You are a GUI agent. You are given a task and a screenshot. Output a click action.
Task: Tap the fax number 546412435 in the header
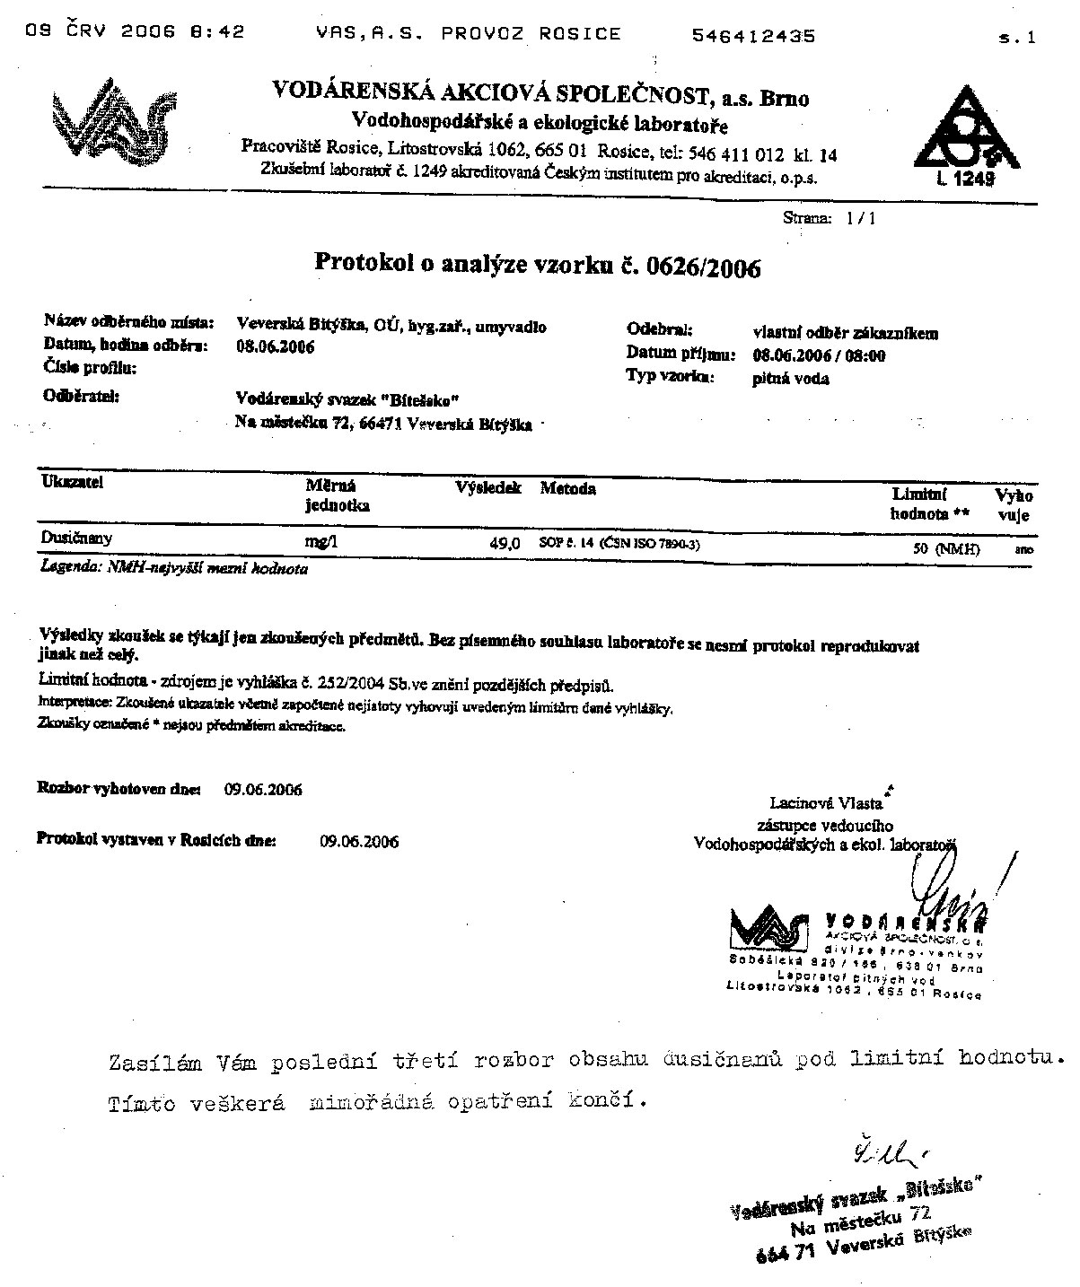pyautogui.click(x=754, y=36)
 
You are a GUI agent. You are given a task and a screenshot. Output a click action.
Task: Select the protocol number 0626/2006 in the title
pyautogui.click(x=699, y=267)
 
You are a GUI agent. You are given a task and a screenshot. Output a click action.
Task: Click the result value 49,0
pyautogui.click(x=503, y=543)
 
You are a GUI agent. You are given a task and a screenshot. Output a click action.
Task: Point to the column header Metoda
pyautogui.click(x=567, y=489)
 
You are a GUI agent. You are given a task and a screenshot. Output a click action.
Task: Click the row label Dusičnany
pyautogui.click(x=76, y=538)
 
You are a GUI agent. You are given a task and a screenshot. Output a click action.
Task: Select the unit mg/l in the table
pyautogui.click(x=323, y=542)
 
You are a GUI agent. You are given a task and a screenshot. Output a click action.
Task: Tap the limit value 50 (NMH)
pyautogui.click(x=946, y=548)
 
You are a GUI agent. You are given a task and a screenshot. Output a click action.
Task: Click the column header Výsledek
pyautogui.click(x=488, y=489)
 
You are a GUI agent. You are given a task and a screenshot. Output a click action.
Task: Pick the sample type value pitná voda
pyautogui.click(x=790, y=379)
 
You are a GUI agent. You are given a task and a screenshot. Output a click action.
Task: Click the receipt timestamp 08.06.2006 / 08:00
pyautogui.click(x=819, y=355)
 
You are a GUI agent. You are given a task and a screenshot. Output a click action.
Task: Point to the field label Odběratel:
pyautogui.click(x=81, y=395)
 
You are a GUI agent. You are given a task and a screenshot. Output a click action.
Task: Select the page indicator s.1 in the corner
pyautogui.click(x=1016, y=38)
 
